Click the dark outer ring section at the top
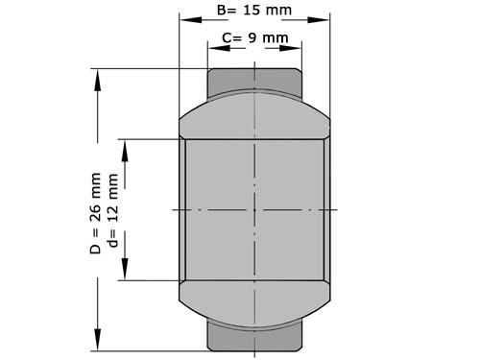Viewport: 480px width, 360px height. [254, 80]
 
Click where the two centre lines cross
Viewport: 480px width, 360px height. [254, 209]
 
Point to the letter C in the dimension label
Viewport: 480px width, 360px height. [227, 38]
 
